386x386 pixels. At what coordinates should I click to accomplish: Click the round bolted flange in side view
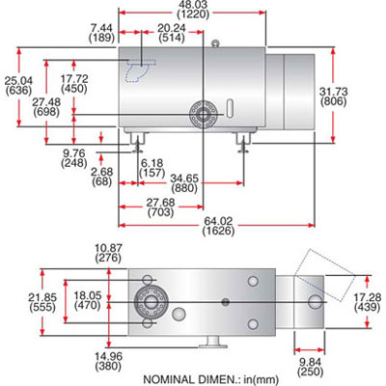204,113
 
